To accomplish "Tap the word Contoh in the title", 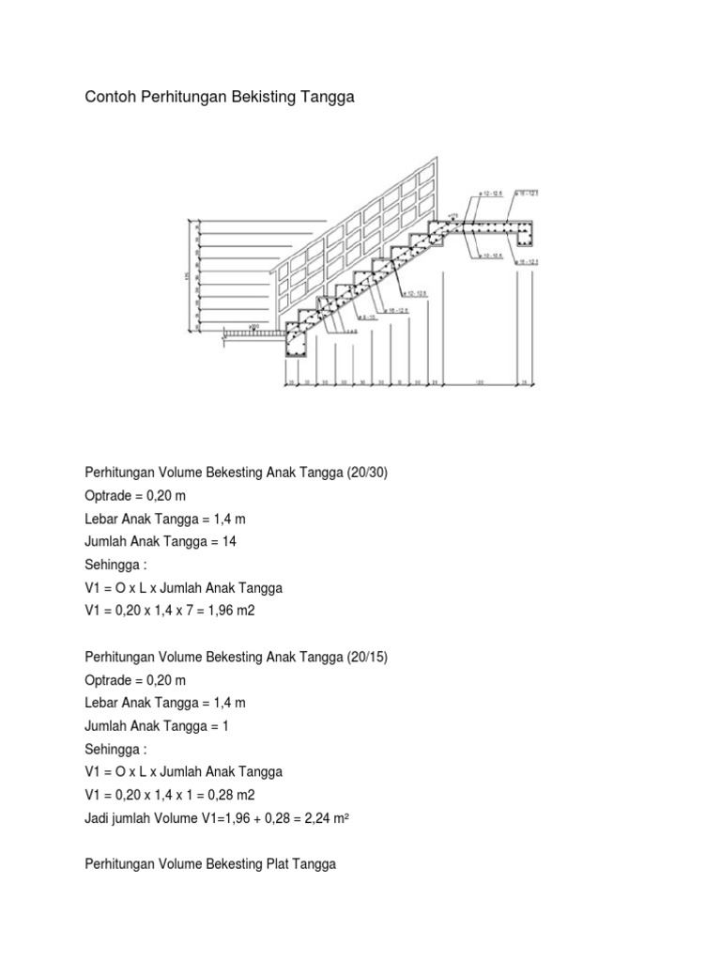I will (110, 97).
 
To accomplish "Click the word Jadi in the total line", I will (99, 817).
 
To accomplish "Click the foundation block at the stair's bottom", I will (299, 347).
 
